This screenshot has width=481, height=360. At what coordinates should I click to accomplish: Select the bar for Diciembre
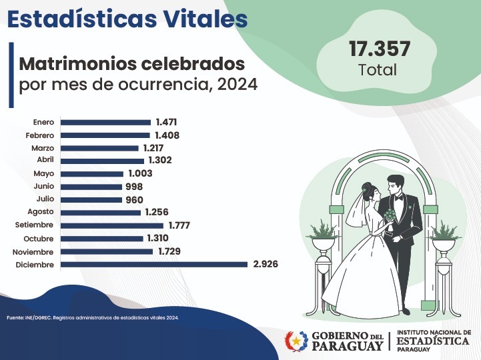click(153, 265)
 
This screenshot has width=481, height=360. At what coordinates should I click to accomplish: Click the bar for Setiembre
click(111, 225)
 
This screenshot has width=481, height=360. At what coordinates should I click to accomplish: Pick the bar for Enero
click(105, 122)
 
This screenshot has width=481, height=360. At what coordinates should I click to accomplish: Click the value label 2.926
click(265, 265)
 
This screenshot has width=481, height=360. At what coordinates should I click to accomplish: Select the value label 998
click(133, 187)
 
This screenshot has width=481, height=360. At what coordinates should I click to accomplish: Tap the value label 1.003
click(140, 173)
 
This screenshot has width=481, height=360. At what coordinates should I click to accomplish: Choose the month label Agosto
click(41, 213)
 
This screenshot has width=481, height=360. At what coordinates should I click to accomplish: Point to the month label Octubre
click(39, 239)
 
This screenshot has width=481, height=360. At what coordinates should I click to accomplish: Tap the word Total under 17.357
click(378, 69)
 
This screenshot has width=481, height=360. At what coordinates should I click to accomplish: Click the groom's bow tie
click(398, 197)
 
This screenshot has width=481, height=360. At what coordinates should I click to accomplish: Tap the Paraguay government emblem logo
click(296, 341)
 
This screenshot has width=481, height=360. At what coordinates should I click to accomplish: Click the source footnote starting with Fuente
click(93, 317)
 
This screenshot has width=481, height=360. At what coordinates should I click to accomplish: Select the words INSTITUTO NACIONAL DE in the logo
click(434, 331)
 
